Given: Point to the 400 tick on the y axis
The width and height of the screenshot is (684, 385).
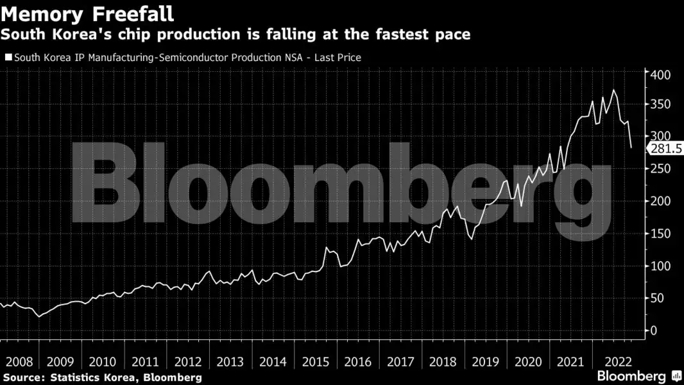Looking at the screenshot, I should pos(661,75).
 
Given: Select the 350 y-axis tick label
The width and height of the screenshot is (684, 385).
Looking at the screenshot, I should pos(661,105).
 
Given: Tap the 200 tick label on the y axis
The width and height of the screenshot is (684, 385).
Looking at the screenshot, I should pos(661,201).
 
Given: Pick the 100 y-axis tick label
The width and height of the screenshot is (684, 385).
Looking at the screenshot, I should pos(661,266).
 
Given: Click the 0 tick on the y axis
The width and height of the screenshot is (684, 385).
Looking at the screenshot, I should pos(653,331).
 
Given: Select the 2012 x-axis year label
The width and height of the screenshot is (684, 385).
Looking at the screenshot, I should pos(187,361).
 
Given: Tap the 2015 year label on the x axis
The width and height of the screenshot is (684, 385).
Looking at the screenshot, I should pos(315,361).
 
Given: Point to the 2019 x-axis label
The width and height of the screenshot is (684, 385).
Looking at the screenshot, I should pos(486,361).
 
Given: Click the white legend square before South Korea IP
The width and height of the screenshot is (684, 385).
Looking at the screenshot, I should pos(8,58).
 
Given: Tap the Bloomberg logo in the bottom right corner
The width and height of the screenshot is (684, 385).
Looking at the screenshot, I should pos(632,376).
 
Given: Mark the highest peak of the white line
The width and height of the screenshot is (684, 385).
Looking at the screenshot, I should pos(614,90).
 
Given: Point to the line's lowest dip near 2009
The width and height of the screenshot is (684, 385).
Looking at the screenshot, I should pos(39,316).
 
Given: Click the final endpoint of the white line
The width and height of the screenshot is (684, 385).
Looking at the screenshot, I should pos(631,148).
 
